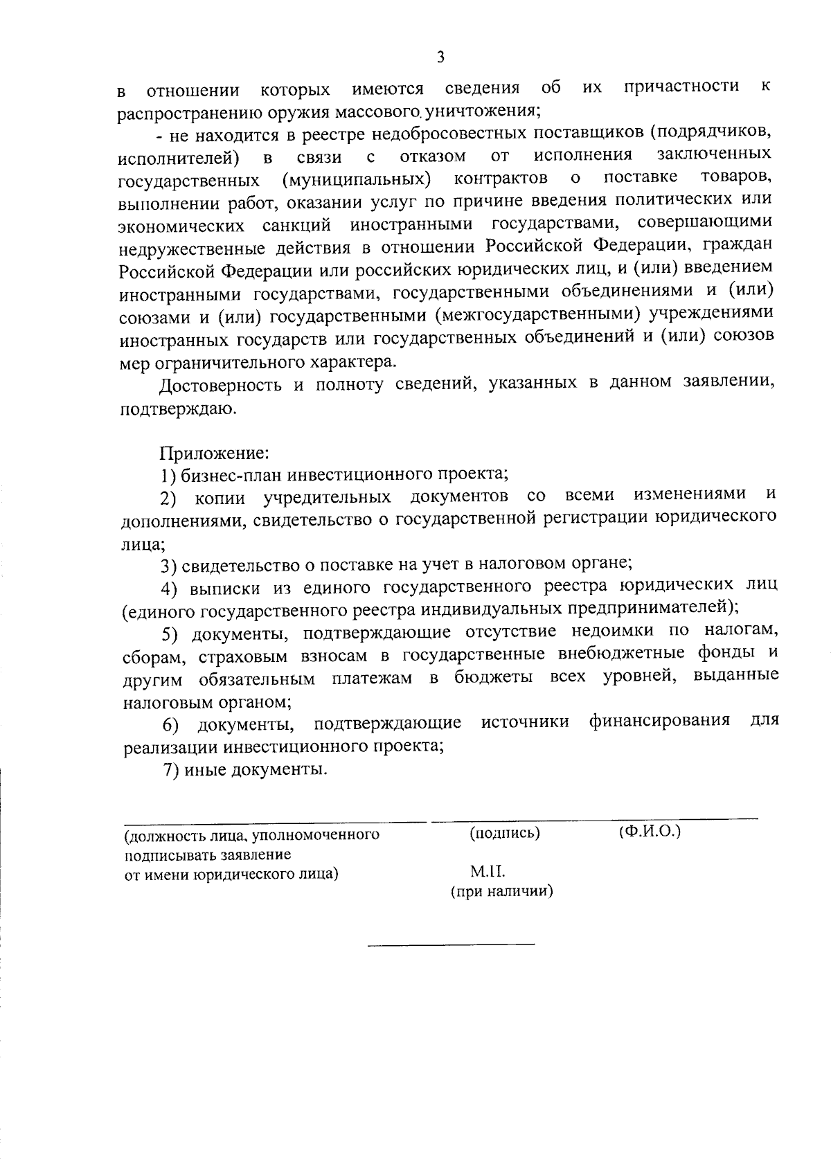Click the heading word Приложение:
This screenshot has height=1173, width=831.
(214, 454)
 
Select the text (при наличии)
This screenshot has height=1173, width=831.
(501, 892)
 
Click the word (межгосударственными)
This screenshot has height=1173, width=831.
(537, 316)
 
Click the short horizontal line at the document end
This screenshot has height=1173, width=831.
(450, 944)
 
